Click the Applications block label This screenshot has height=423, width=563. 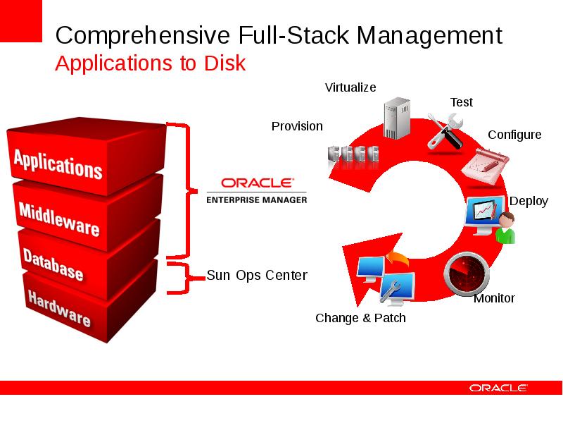[58, 164]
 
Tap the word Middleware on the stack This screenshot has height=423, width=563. [59, 219]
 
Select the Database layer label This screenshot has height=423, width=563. [53, 264]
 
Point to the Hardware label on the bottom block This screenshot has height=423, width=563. [59, 308]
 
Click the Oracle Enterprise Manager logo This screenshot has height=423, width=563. [257, 190]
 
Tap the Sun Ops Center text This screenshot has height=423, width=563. [257, 275]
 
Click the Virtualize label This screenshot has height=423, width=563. [350, 87]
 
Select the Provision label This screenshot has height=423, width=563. [297, 126]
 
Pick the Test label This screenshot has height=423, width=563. [462, 102]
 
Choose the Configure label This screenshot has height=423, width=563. [514, 135]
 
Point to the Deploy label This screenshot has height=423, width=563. [529, 201]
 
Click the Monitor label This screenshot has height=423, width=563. [494, 298]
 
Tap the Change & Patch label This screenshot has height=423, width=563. [360, 318]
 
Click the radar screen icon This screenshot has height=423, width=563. [467, 274]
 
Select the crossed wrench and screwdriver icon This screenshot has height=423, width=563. [445, 131]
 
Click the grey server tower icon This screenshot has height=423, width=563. [397, 118]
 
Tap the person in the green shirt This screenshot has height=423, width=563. [506, 227]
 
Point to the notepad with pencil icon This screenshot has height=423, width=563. [485, 166]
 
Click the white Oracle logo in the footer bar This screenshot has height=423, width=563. [498, 388]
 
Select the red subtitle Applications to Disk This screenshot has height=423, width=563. [151, 63]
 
